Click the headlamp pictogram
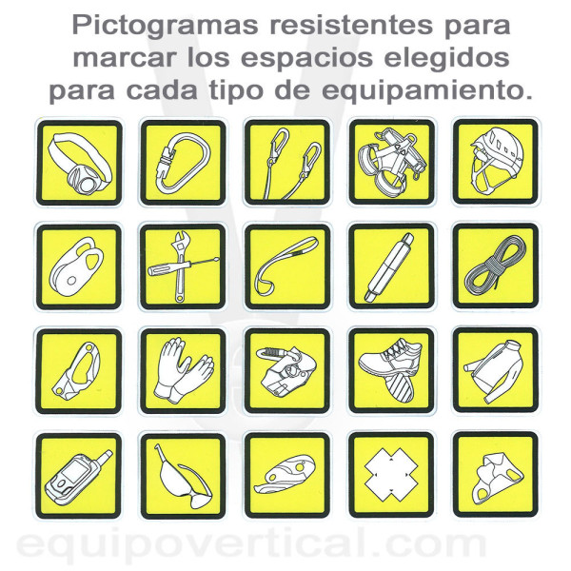79,163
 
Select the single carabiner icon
183,163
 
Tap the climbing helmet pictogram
496,162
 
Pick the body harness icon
391,162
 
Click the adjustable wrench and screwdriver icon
183,266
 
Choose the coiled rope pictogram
496,266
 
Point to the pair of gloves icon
183,371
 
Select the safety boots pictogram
391,370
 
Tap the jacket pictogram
496,370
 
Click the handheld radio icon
79,476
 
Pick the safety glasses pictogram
183,476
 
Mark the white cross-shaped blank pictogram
391,475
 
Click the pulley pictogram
79,266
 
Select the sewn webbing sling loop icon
287,266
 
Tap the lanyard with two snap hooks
287,162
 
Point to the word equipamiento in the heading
426,90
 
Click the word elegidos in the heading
447,58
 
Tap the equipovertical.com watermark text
251,545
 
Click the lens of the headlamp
88,184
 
